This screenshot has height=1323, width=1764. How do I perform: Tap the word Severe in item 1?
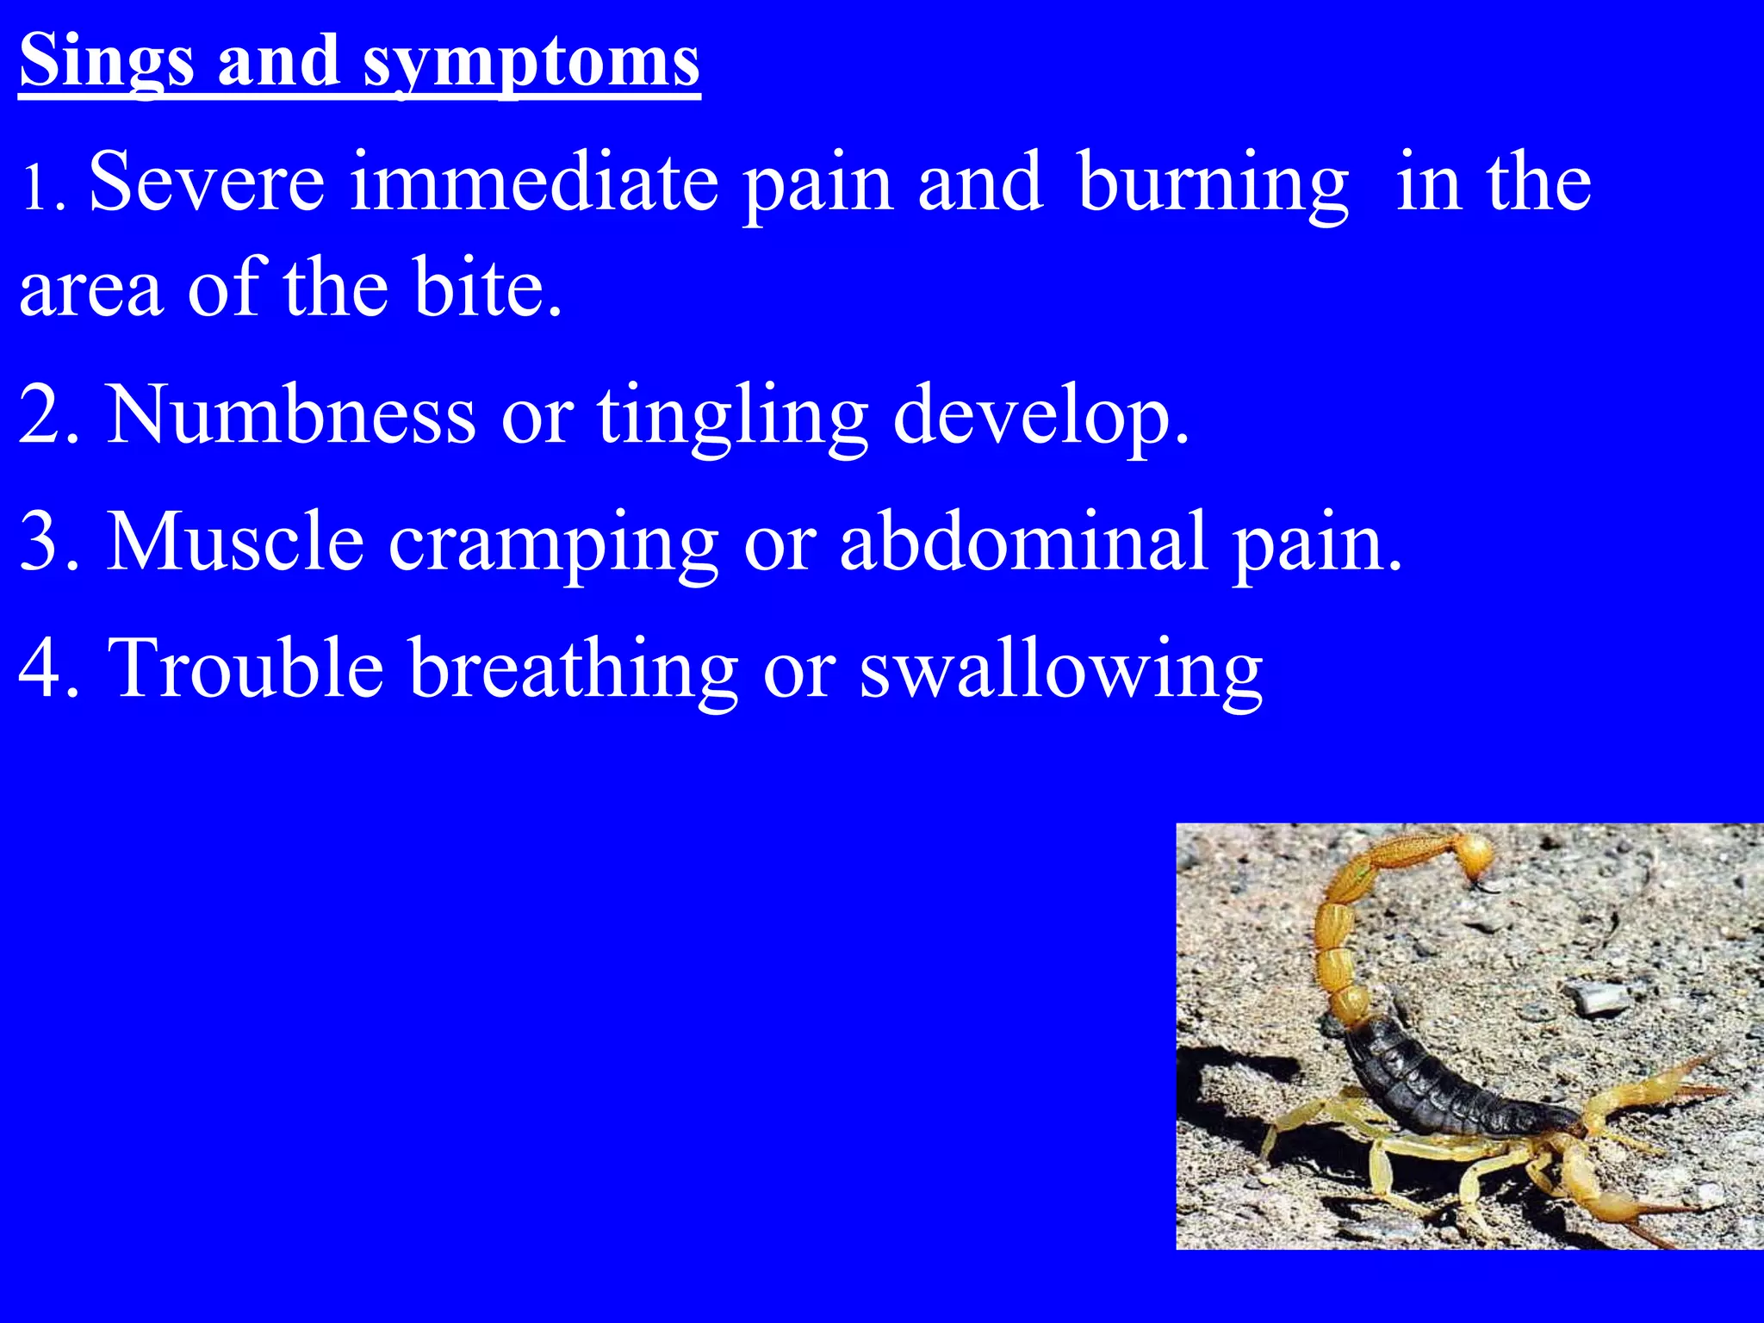pos(207,181)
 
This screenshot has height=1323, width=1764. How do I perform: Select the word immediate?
pos(534,181)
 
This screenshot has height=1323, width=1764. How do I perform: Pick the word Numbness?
pos(290,415)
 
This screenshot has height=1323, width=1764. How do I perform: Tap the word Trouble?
pos(245,668)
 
